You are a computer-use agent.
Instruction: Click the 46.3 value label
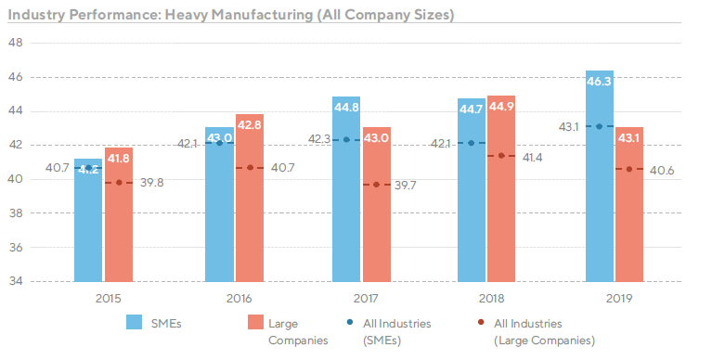tap(600, 82)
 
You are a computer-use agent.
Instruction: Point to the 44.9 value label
tap(501, 106)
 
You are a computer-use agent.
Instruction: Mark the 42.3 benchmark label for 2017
tap(317, 139)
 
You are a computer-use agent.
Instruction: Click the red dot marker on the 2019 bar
tap(629, 169)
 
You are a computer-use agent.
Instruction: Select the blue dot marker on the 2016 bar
tap(220, 143)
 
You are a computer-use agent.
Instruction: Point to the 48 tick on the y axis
tap(16, 43)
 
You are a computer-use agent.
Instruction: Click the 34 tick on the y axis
tap(16, 281)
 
